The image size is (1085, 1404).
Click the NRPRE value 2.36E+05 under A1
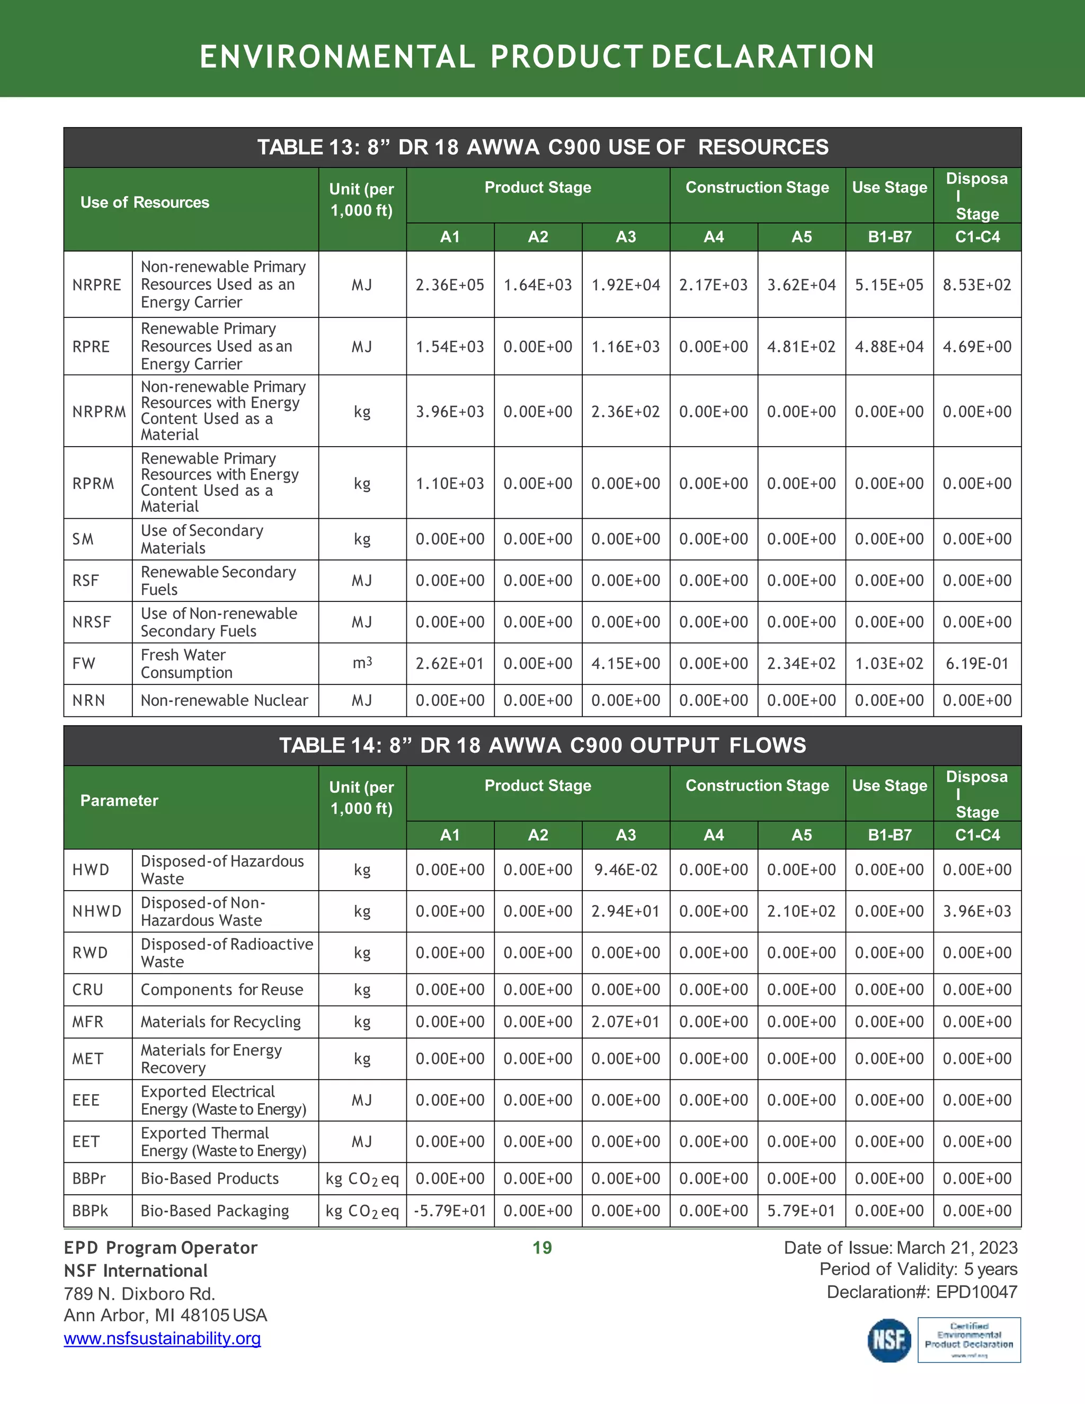(450, 285)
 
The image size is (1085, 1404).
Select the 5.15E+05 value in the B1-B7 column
(889, 285)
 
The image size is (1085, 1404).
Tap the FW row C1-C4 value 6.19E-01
(977, 663)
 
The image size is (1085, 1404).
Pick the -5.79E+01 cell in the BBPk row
(450, 1211)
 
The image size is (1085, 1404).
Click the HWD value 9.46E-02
(626, 870)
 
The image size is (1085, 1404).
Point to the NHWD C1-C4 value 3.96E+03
(977, 911)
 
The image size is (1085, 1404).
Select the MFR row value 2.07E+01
(626, 1021)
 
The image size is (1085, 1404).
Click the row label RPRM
(93, 483)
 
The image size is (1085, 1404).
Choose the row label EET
(86, 1142)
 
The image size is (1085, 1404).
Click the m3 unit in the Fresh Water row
(362, 663)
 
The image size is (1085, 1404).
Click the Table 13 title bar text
(542, 147)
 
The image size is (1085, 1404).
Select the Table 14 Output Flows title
(542, 745)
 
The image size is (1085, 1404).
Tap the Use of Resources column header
(145, 202)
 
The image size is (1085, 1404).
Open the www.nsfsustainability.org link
(162, 1338)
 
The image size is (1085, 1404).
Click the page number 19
(542, 1248)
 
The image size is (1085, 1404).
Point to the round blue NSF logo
(889, 1340)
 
